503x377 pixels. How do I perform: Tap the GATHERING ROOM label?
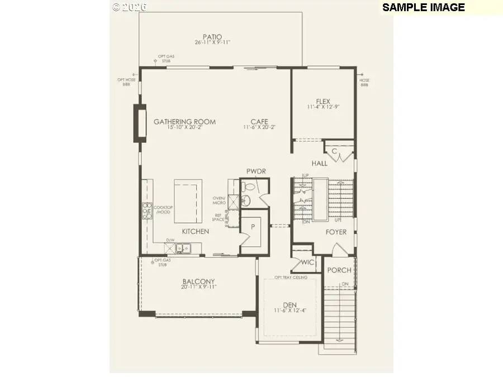click(x=184, y=122)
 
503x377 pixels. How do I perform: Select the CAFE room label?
click(x=259, y=122)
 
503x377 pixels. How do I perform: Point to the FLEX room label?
click(x=323, y=102)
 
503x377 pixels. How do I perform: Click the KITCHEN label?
click(x=195, y=231)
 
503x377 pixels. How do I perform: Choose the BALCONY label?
click(x=198, y=281)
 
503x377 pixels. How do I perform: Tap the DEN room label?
click(x=290, y=305)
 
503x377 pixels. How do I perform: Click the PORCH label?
click(x=339, y=270)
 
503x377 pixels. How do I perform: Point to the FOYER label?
click(x=336, y=232)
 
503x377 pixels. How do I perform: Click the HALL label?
click(x=320, y=164)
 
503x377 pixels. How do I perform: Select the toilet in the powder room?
click(x=249, y=187)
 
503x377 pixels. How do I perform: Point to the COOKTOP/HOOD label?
click(x=163, y=209)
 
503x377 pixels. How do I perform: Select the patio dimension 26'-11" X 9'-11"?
click(x=212, y=42)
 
